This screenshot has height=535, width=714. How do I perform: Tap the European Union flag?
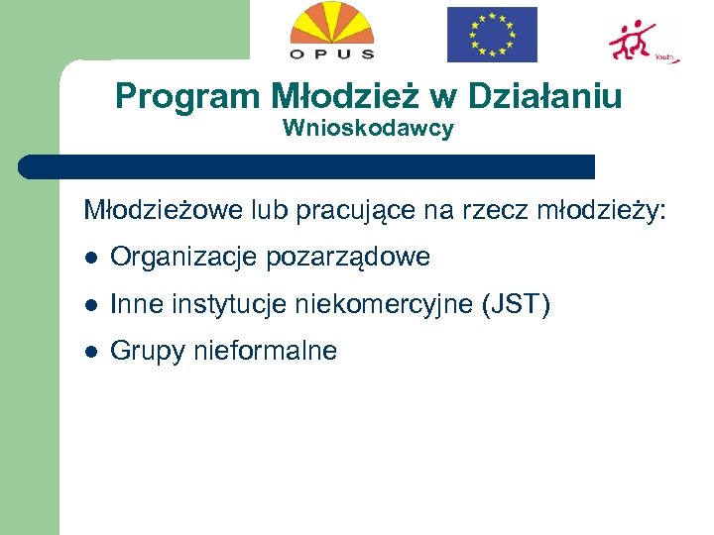click(x=492, y=35)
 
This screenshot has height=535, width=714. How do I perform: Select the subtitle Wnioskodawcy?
click(x=368, y=129)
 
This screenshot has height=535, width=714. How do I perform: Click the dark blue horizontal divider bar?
click(x=307, y=166)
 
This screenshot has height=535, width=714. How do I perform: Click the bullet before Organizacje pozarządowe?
click(x=89, y=259)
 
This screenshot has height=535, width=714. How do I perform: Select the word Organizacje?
click(x=184, y=258)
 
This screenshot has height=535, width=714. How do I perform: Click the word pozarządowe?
click(x=348, y=258)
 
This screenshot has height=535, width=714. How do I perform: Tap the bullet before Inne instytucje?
click(x=89, y=305)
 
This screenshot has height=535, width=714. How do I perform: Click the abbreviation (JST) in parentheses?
click(x=516, y=305)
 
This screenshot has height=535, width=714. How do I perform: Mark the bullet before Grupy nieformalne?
click(x=89, y=352)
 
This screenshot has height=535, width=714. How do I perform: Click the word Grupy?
click(x=146, y=352)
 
